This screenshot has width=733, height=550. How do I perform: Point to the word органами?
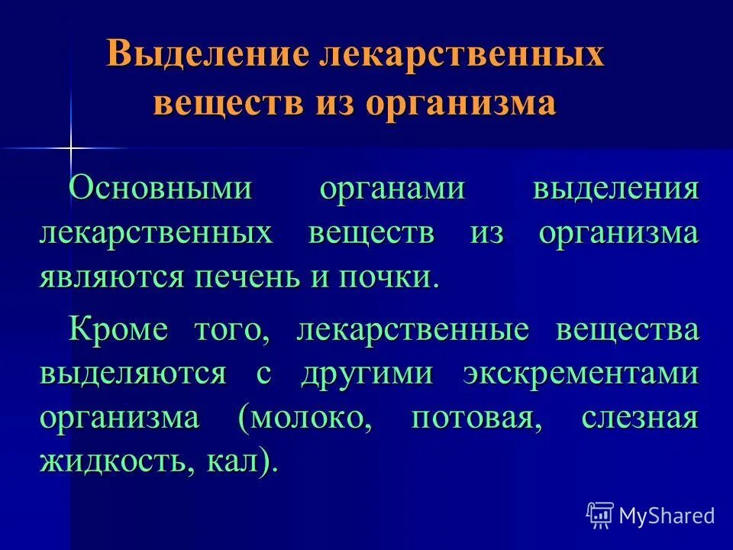(x=391, y=188)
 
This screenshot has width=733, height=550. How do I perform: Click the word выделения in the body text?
(x=615, y=188)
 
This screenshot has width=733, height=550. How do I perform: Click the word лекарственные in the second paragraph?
(x=412, y=331)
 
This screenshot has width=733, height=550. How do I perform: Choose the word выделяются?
(x=133, y=374)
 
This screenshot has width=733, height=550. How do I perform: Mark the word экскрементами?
(x=580, y=374)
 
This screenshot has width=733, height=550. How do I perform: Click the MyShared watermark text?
(x=666, y=515)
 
